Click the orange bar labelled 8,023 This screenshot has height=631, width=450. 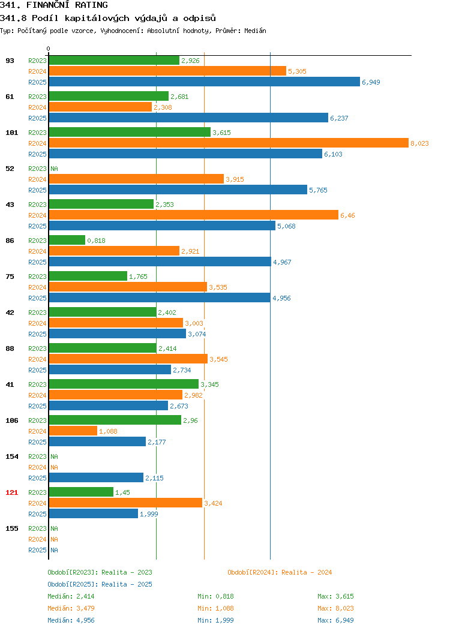coord(229,143)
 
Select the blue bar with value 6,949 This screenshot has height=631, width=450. coord(205,82)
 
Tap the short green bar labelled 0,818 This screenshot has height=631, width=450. coord(67,241)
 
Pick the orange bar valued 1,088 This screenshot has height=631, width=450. coord(73,431)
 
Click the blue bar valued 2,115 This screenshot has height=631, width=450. coord(96,477)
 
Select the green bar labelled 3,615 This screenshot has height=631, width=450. coord(130,132)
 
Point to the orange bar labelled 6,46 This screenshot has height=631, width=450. coord(194,215)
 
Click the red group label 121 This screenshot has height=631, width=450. coord(11,492)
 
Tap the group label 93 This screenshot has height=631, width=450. coord(10,61)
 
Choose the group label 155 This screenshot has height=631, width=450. coord(11,528)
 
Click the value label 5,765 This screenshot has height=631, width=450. coord(318,190)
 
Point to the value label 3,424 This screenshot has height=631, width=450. coord(213,503)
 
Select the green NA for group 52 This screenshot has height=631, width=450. coord(55,169)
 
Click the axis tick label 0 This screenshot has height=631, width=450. coord(49,49)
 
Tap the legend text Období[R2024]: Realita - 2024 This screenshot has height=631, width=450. coord(280,572)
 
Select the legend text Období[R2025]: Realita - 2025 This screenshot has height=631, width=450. coord(100,584)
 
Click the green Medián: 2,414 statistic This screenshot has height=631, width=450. coord(71,596)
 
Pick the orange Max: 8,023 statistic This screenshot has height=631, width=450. coord(335,608)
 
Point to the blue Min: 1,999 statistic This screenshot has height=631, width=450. coord(215,621)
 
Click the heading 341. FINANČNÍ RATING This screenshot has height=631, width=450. coord(54,5)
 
